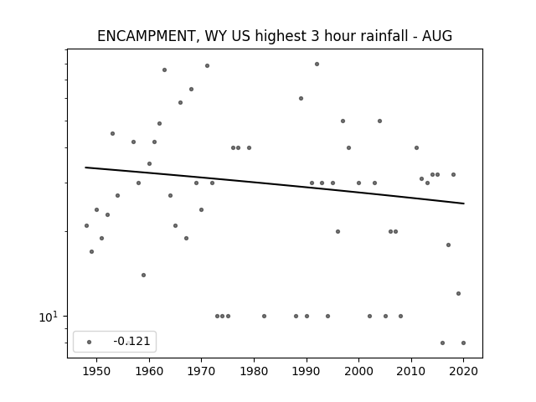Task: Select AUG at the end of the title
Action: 437,36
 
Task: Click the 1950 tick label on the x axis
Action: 97,371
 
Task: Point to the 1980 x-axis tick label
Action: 254,371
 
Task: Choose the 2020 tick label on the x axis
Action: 463,371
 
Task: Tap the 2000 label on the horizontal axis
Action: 358,371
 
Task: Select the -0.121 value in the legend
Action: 131,341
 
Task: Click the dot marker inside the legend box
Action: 90,342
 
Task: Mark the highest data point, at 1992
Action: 317,64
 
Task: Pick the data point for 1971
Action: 207,65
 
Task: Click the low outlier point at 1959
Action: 143,276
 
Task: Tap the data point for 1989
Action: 301,99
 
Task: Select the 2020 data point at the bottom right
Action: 463,343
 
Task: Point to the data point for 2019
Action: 458,293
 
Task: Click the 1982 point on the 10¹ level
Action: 265,317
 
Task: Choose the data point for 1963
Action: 164,70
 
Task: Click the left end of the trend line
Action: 85,167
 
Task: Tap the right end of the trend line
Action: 464,204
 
